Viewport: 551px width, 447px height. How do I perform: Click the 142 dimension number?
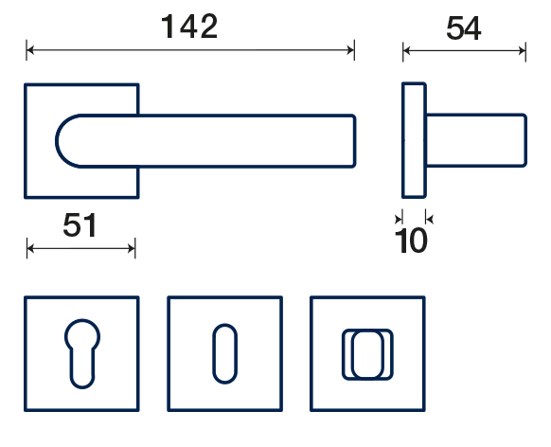click(x=189, y=27)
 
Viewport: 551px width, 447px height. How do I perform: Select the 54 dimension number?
click(x=464, y=28)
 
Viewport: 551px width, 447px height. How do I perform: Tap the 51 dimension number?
click(x=80, y=225)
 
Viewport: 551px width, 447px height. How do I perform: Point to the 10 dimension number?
click(x=411, y=241)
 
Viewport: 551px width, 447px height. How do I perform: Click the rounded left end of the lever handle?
click(x=57, y=141)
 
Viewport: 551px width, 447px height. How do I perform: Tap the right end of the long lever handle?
click(x=354, y=140)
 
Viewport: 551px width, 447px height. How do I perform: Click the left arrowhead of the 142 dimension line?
click(x=30, y=50)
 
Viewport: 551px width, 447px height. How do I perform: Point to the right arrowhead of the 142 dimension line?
click(x=350, y=50)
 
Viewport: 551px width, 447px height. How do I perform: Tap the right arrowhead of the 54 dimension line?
click(x=522, y=51)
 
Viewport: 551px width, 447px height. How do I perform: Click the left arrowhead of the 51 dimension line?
click(x=30, y=249)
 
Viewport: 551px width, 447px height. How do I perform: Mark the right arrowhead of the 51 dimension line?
click(x=132, y=249)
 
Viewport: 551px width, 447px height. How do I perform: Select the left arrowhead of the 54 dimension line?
click(x=407, y=51)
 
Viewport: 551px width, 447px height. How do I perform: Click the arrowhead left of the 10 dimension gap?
click(x=399, y=220)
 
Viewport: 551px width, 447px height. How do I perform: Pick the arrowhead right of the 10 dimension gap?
click(x=430, y=220)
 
